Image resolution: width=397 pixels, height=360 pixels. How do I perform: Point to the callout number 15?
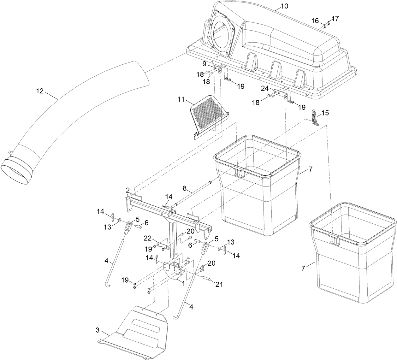click(x=325, y=113)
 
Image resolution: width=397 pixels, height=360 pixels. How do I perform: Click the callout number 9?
click(x=204, y=64)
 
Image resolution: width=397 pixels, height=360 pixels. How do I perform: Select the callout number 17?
click(x=335, y=19)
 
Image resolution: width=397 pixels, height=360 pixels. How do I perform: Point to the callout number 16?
click(x=315, y=21)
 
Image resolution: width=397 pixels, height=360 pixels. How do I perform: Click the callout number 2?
click(x=127, y=190)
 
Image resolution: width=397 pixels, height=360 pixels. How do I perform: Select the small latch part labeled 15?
click(x=314, y=118)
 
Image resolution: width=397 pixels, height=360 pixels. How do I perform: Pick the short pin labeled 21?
click(x=205, y=279)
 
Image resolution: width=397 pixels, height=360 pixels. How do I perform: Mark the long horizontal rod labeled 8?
click(x=193, y=192)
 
